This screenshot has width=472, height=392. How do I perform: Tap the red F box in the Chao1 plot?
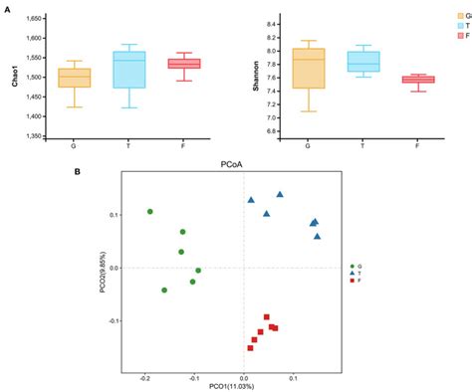click(184, 64)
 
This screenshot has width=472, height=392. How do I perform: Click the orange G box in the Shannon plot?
click(309, 68)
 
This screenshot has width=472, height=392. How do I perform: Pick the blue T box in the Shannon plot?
click(362, 62)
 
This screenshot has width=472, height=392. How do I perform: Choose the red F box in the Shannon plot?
click(417, 80)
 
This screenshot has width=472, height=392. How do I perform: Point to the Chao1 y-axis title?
click(13, 78)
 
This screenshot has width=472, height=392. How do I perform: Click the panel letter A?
click(7, 6)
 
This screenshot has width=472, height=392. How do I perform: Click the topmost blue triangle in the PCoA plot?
click(280, 195)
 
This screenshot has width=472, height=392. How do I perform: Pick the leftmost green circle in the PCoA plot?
click(150, 211)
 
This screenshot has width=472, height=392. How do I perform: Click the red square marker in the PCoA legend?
click(353, 282)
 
